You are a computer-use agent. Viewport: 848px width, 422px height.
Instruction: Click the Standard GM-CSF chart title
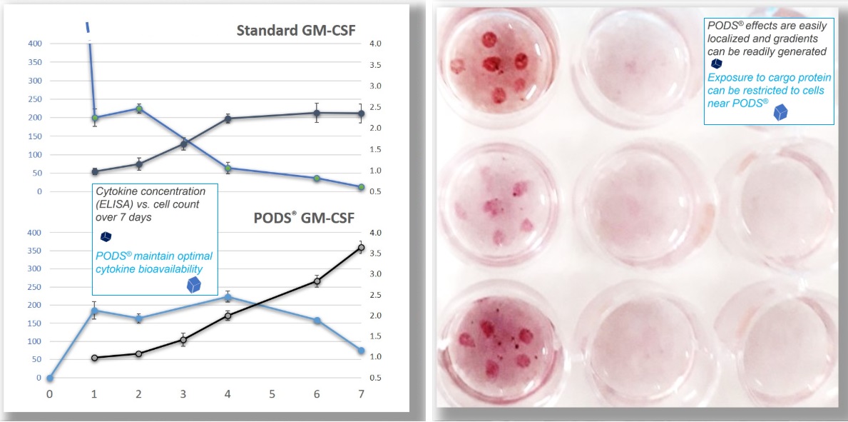(297, 30)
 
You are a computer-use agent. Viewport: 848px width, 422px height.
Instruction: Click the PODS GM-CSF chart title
(304, 219)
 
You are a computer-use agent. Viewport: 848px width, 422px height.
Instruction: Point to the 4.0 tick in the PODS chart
(374, 233)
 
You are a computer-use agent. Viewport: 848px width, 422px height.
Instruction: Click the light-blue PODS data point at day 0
(50, 378)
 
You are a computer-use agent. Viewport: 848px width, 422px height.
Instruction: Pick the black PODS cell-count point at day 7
(361, 248)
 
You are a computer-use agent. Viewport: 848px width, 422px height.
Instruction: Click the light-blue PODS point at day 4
(228, 297)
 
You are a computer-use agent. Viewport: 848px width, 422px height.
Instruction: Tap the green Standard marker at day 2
(139, 109)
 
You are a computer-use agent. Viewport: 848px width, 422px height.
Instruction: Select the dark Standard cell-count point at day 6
(317, 114)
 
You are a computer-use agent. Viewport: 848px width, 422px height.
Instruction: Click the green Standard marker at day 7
(361, 187)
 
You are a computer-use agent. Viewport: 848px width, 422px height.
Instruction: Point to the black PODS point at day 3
(183, 340)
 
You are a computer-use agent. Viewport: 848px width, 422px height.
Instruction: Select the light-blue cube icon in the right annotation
(780, 112)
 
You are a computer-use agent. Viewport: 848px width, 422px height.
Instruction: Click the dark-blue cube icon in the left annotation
(106, 236)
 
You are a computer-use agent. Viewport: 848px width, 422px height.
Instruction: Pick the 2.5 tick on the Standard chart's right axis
(374, 107)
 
